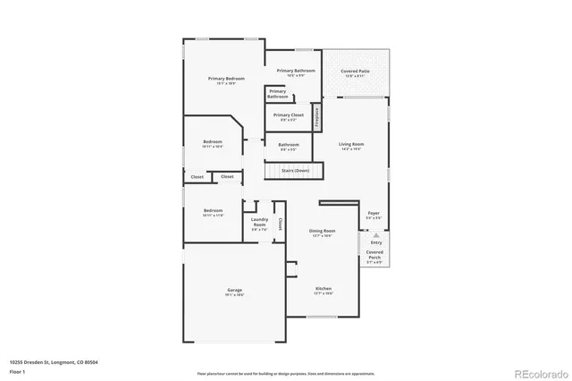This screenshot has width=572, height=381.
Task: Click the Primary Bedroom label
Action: tap(226, 79)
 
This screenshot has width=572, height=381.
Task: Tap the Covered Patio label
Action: tap(355, 72)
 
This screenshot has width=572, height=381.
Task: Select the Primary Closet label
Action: tap(289, 115)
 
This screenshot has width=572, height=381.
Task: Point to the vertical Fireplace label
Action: tap(315, 118)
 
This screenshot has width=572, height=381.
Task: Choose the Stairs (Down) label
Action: tap(295, 170)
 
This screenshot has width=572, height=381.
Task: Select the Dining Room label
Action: tap(322, 231)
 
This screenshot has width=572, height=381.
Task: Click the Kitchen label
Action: tap(323, 289)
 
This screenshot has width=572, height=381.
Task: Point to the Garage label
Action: tap(234, 290)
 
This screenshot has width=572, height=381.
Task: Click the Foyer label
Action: tap(374, 213)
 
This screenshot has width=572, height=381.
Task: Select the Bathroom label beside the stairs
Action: tap(288, 145)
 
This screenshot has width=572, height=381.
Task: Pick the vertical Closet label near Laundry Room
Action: tap(280, 224)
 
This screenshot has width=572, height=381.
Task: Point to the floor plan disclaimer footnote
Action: tap(286, 373)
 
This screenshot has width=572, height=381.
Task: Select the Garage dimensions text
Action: tap(234, 294)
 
